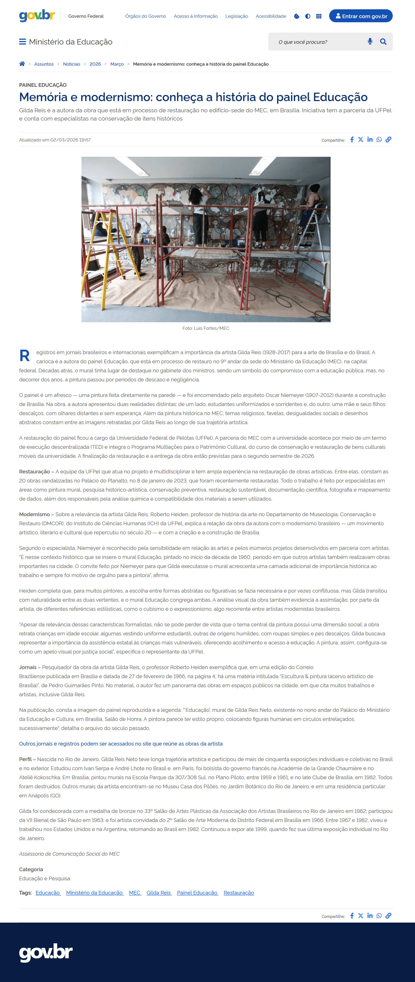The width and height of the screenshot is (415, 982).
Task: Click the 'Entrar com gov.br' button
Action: coord(361,16)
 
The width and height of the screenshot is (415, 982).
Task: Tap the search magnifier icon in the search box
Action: coord(383,41)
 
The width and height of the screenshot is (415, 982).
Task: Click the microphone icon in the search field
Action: coord(370,41)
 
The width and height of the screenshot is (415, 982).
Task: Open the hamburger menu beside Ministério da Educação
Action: coord(22,41)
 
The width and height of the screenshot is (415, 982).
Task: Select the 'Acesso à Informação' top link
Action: coord(195,16)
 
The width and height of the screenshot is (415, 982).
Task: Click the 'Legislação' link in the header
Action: coord(236,16)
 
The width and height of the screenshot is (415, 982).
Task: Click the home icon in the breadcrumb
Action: coord(22,64)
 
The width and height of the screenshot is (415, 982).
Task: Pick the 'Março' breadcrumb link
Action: coord(117,64)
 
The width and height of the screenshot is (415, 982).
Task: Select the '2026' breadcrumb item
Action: coord(95,64)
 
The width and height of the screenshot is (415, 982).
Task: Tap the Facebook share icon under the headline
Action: coord(352,140)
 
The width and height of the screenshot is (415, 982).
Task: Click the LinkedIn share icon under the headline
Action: coord(370,140)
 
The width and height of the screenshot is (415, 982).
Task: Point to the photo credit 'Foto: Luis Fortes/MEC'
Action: coord(206,328)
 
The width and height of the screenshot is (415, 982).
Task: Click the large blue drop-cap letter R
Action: coord(24,356)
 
